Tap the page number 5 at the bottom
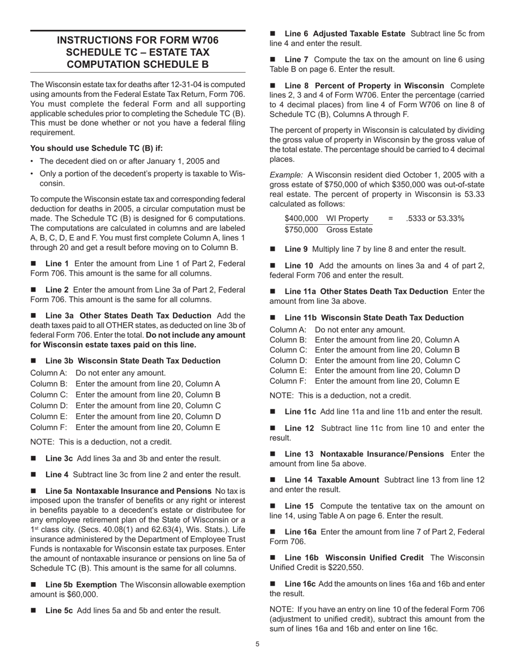click(x=257, y=644)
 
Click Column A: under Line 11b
click(x=288, y=330)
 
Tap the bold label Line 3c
click(x=59, y=459)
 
